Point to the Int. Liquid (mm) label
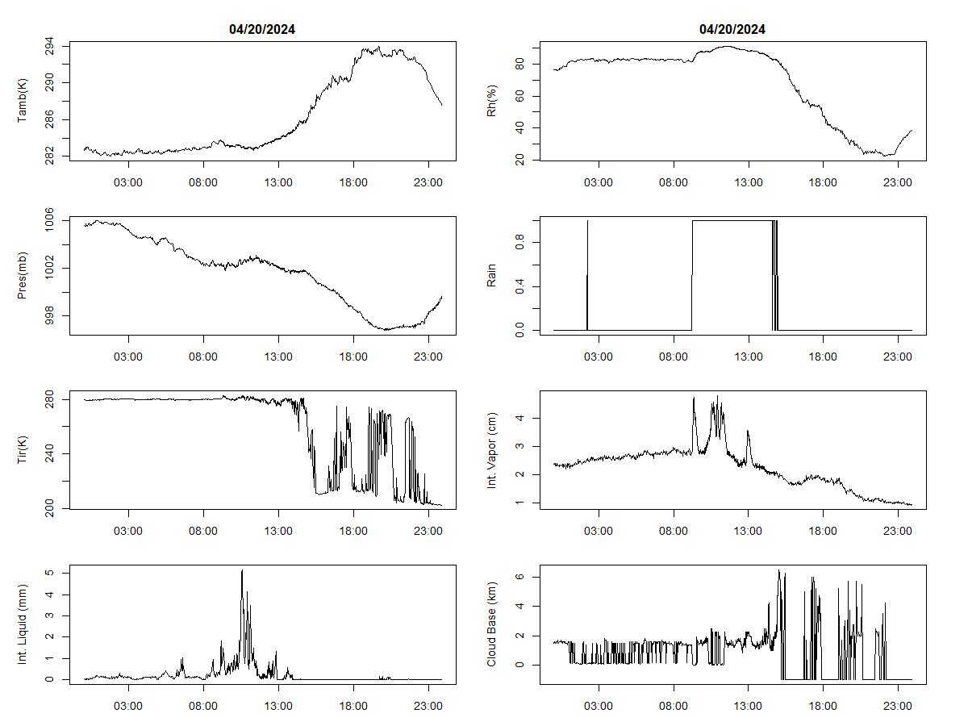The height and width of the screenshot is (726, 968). click(23, 625)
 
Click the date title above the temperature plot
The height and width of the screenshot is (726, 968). click(262, 30)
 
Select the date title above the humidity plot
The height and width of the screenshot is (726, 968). click(732, 30)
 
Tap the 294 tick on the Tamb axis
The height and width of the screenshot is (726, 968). click(50, 45)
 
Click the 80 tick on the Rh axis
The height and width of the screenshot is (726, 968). click(520, 63)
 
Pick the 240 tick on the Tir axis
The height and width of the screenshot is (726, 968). click(50, 454)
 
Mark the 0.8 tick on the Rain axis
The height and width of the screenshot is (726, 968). click(520, 243)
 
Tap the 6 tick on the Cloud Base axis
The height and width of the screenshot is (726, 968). click(520, 577)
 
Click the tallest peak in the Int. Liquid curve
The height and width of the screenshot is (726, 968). click(242, 571)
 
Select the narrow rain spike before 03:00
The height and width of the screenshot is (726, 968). click(587, 274)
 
